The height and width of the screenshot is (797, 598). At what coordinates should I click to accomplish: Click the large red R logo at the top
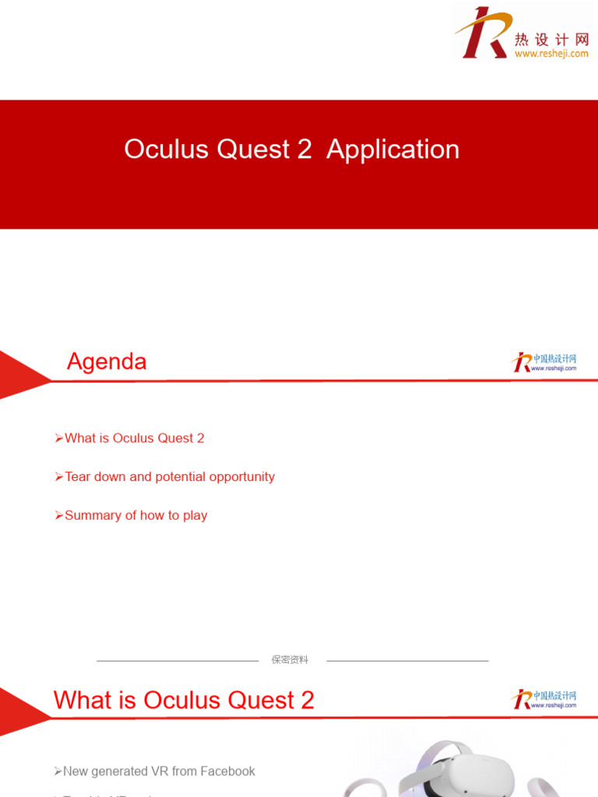(481, 33)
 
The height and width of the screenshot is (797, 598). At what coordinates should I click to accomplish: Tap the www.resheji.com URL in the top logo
(551, 54)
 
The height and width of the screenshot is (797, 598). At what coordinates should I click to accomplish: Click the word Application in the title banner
(392, 149)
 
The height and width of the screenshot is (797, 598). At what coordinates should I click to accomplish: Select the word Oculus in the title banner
(167, 149)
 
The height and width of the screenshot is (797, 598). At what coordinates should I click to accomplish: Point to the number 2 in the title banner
(304, 149)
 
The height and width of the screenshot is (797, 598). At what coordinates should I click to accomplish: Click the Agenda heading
(107, 362)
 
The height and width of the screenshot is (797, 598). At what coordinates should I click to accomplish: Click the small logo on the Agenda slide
(543, 363)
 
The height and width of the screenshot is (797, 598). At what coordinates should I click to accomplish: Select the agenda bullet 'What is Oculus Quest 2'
(134, 438)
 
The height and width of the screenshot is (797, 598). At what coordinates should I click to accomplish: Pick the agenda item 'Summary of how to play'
(135, 515)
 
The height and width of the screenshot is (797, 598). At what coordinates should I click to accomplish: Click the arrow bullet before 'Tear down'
(59, 476)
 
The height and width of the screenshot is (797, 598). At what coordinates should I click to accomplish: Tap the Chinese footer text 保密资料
(290, 660)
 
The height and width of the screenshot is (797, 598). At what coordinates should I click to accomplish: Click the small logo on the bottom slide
(543, 699)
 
